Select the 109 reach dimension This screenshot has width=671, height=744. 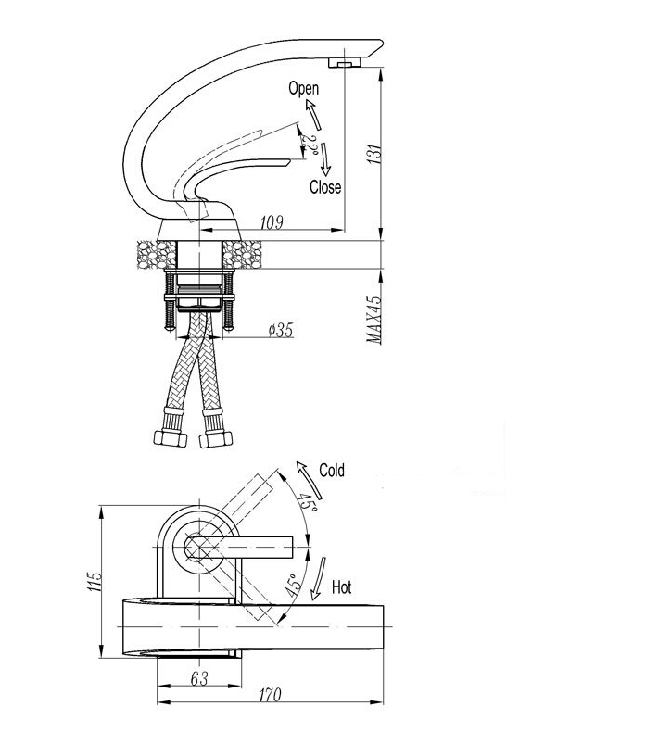coord(272,222)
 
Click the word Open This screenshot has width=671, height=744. coord(303,89)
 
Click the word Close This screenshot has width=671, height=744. coord(324,187)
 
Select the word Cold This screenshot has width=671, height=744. coord(331,471)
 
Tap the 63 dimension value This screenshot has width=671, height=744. coord(199,678)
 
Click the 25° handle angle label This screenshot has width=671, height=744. coord(312,144)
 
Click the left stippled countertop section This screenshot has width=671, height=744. coord(152,253)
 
